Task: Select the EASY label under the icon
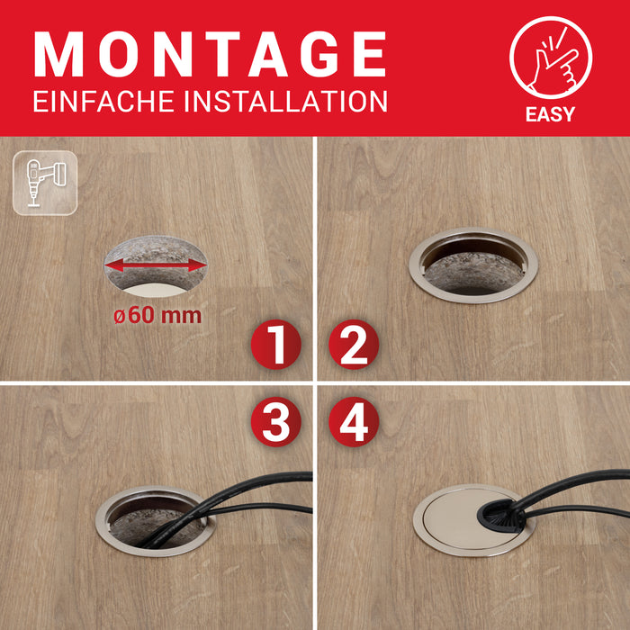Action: pos(550,114)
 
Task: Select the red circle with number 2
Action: pos(353,346)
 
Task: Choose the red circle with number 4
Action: pos(353,419)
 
